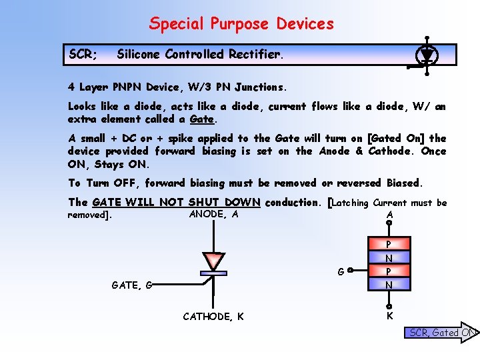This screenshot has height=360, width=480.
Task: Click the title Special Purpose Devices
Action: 241,24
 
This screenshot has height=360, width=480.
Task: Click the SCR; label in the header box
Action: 83,55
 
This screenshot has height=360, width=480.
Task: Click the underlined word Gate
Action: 202,119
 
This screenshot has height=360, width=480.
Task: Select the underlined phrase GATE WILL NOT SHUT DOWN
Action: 176,202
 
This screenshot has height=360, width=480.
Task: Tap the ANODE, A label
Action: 213,214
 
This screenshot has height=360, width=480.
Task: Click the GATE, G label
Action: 132,285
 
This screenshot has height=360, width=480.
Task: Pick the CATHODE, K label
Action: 213,316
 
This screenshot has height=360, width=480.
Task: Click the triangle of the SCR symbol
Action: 213,261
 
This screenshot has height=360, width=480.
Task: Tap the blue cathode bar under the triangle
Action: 213,273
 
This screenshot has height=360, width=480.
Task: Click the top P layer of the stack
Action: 389,244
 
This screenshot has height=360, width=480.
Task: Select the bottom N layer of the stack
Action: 389,285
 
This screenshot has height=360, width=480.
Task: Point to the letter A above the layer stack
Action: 389,215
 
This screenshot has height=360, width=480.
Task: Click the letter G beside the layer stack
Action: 341,272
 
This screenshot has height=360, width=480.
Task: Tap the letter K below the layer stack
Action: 389,316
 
